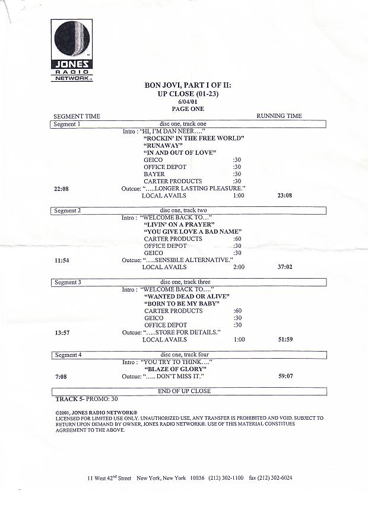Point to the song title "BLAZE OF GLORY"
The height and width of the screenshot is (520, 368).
pyautogui.click(x=175, y=369)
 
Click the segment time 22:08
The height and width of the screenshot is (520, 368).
pyautogui.click(x=62, y=189)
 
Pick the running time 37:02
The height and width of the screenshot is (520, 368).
pyautogui.click(x=284, y=267)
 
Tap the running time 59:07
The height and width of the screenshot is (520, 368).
pyautogui.click(x=284, y=376)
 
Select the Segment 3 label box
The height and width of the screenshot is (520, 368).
pyautogui.click(x=66, y=282)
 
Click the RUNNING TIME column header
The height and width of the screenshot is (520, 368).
pyautogui.click(x=279, y=116)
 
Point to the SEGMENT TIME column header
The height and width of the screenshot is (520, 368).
pyautogui.click(x=77, y=116)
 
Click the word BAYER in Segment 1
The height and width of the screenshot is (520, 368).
pyautogui.click(x=154, y=174)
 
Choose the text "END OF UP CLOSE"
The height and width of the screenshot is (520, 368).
pyautogui.click(x=184, y=391)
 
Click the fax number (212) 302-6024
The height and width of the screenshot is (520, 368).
pyautogui.click(x=271, y=478)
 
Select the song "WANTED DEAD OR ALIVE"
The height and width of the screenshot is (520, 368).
pyautogui.click(x=186, y=296)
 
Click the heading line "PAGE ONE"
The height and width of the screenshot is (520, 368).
pyautogui.click(x=188, y=109)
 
